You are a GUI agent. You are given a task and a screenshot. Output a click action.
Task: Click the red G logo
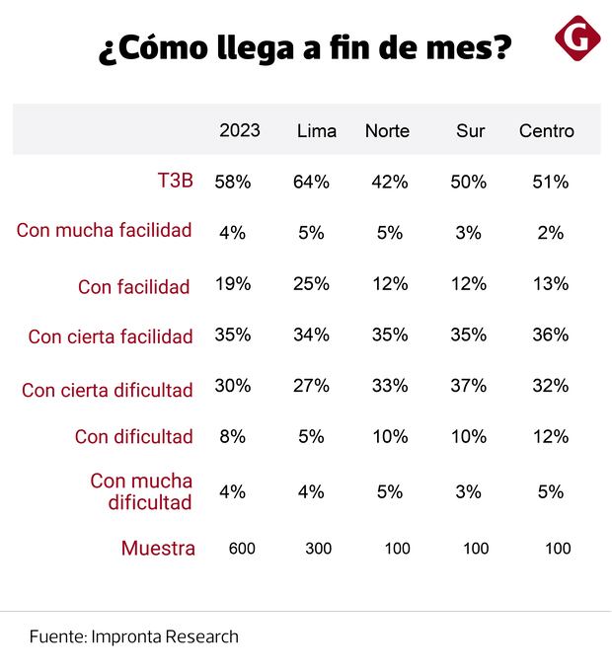[x=577, y=38]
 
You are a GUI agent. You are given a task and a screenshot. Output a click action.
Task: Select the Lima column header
[x=316, y=131]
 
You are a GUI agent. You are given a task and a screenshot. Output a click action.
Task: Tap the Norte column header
[x=387, y=131]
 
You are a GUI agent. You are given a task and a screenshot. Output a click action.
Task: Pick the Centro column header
[x=547, y=131]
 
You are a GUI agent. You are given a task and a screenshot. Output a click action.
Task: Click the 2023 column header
[x=240, y=131]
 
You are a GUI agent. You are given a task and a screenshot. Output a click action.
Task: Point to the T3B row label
[x=176, y=182]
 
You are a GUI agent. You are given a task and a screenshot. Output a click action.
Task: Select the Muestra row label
[x=158, y=549]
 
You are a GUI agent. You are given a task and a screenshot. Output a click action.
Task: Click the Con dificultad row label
[x=133, y=437]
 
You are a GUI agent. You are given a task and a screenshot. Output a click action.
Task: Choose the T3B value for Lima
[x=311, y=182]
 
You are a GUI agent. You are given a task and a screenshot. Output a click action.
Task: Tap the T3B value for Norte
[x=390, y=182]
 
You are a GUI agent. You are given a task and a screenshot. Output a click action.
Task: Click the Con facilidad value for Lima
[x=311, y=284]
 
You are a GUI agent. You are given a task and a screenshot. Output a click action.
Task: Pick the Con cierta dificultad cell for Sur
[x=468, y=386]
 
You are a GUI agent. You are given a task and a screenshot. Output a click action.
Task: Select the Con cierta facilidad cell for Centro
[x=550, y=335]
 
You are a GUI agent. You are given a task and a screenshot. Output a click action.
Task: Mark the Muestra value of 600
[x=242, y=549]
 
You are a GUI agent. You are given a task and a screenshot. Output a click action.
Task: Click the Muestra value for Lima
[x=318, y=549]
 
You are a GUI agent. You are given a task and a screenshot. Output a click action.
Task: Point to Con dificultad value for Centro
[x=550, y=436]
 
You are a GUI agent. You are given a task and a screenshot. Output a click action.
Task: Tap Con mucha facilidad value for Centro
[x=551, y=233]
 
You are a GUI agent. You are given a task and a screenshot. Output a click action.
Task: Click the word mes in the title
[x=463, y=47]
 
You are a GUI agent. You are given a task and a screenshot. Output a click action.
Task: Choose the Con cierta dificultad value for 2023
[x=233, y=386]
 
